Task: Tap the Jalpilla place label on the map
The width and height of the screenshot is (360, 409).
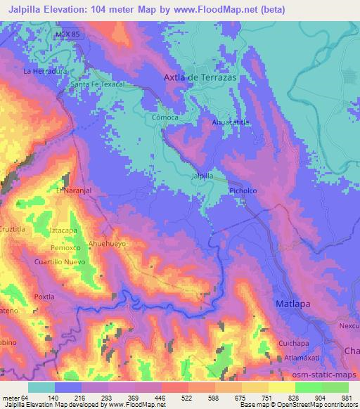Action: coord(202,176)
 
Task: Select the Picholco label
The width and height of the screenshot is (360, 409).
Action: coord(243,190)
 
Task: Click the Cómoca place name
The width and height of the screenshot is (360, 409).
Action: coord(165,118)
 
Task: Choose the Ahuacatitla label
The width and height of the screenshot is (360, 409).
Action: coord(231,122)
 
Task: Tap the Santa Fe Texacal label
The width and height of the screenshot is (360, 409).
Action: coord(98,84)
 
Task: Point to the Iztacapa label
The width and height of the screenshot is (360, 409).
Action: coord(63,230)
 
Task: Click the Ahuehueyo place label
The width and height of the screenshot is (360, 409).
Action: coord(108,243)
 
